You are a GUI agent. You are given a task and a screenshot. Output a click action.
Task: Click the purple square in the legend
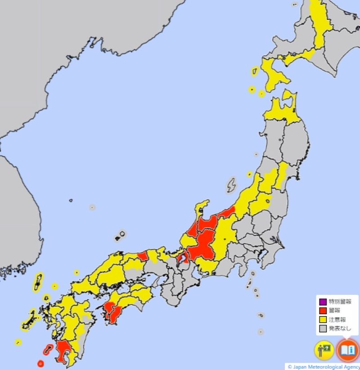[322, 302]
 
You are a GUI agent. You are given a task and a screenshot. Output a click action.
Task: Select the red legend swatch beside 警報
[322, 311]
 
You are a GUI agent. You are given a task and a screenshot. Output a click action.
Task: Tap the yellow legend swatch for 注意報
[322, 320]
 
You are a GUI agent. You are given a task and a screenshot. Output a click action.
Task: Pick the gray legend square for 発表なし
[322, 329]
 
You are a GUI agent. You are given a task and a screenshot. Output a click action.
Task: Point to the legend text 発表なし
[340, 329]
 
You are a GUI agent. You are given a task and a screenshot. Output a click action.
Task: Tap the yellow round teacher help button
[324, 350]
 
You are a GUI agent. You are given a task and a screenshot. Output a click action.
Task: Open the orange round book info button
[347, 350]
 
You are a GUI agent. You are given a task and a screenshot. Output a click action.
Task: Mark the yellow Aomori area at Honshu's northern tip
[281, 110]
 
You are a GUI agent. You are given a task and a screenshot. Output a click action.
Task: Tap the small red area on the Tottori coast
[143, 257]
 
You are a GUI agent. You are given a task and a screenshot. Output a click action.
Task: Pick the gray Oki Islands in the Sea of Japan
[121, 235]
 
